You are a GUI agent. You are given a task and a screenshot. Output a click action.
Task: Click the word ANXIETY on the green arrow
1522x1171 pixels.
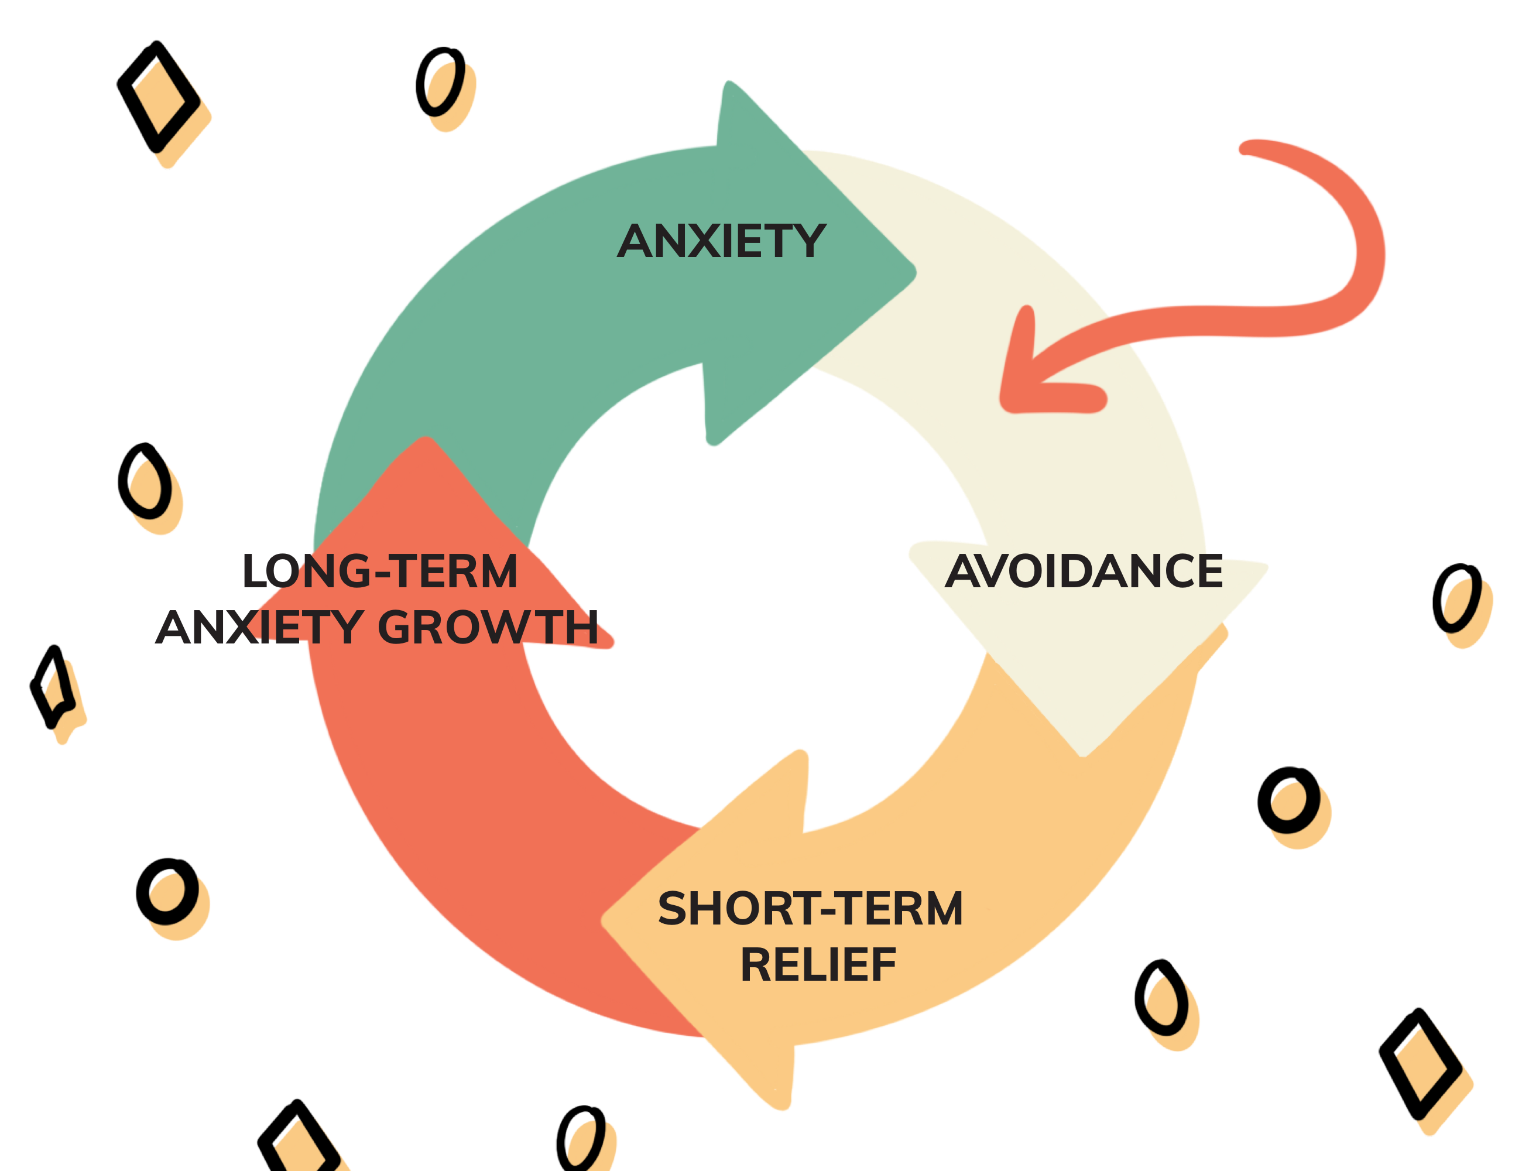click(x=721, y=241)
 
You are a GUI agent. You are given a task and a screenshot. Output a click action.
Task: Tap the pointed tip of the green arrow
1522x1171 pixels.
click(x=916, y=272)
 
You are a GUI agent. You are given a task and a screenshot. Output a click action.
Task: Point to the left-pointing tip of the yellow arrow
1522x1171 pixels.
click(x=602, y=920)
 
